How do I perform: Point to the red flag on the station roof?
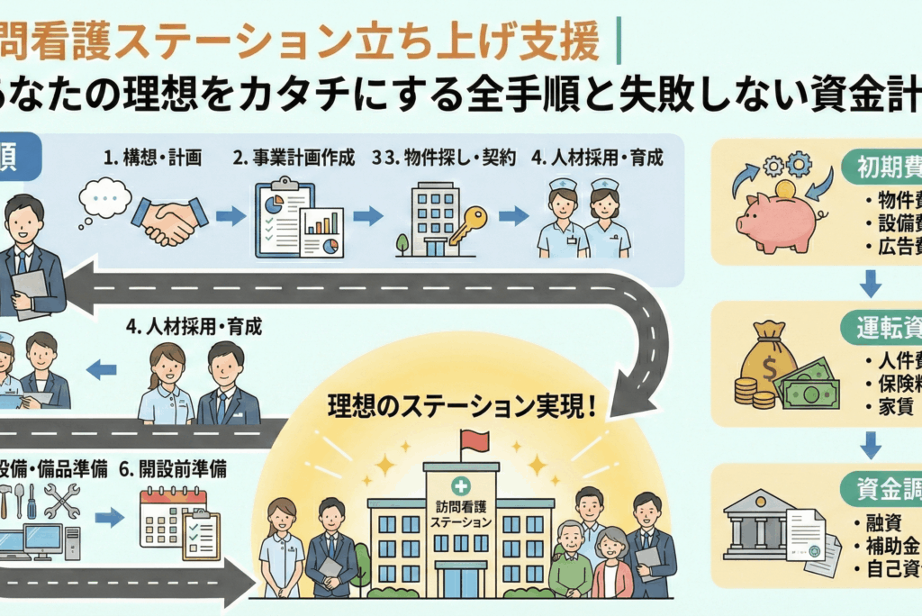pos(474,441)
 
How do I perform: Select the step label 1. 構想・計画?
pos(151,159)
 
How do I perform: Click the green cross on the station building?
pos(460,485)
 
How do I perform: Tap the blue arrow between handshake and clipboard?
pos(230,216)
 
